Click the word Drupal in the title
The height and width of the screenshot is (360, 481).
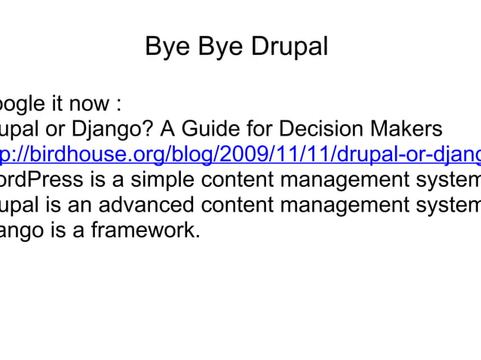[x=290, y=47]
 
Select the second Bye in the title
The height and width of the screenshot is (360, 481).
[x=219, y=47]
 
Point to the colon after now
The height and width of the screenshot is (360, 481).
[x=118, y=104]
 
